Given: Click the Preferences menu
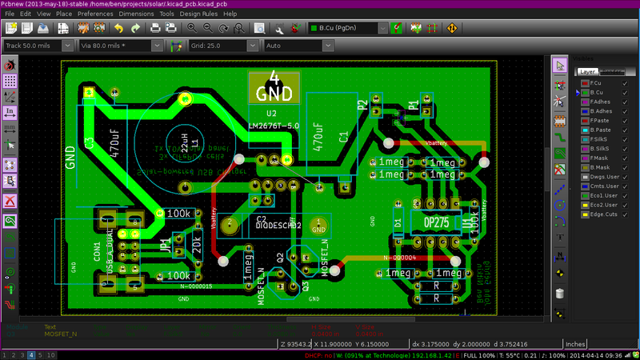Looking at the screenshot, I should (95, 14).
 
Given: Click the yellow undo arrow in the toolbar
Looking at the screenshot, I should (118, 28).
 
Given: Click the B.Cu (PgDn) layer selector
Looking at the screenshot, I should (348, 28).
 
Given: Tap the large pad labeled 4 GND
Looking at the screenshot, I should (274, 86).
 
